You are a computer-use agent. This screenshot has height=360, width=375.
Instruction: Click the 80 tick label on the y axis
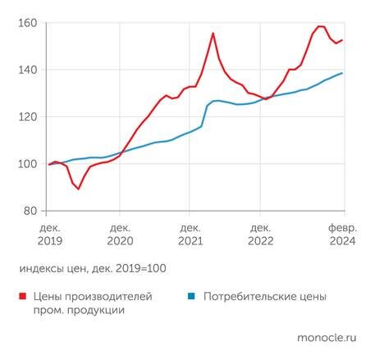coord(28,211)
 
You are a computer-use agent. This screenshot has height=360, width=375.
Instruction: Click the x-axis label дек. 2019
coord(49,234)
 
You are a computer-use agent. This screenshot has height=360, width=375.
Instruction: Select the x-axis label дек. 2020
coord(120,234)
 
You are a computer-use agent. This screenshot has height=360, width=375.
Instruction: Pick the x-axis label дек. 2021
coord(190,234)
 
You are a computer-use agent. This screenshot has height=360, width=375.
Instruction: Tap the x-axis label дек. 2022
coord(261,234)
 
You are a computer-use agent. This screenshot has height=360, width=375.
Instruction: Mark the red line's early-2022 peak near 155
coord(213,34)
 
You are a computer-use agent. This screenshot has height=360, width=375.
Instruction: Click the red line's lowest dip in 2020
coord(79,189)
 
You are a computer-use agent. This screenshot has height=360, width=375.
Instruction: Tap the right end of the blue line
coord(342,73)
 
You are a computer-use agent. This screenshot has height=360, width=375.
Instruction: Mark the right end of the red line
coord(342,40)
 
